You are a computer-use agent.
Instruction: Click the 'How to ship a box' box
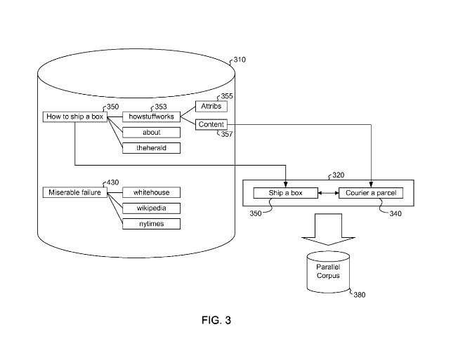74,116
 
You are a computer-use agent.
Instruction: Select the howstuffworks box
151,116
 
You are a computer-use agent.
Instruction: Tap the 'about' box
151,133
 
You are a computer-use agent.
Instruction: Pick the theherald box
151,148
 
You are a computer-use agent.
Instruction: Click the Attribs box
211,107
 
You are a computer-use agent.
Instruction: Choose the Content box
211,125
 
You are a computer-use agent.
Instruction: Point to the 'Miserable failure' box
74,192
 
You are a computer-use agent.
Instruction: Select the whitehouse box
151,192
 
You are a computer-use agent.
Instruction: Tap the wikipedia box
151,208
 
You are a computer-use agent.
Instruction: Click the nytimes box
151,224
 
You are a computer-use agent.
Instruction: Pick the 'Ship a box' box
285,193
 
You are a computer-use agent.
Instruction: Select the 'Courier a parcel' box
371,193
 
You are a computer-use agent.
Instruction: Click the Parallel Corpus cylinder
328,272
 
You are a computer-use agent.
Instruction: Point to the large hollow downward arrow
328,229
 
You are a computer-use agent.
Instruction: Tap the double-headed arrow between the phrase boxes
328,193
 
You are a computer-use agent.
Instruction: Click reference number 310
240,60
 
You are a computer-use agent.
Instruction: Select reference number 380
359,295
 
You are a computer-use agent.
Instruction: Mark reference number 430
113,182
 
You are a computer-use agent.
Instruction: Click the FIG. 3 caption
216,320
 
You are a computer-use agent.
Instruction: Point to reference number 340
395,214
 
